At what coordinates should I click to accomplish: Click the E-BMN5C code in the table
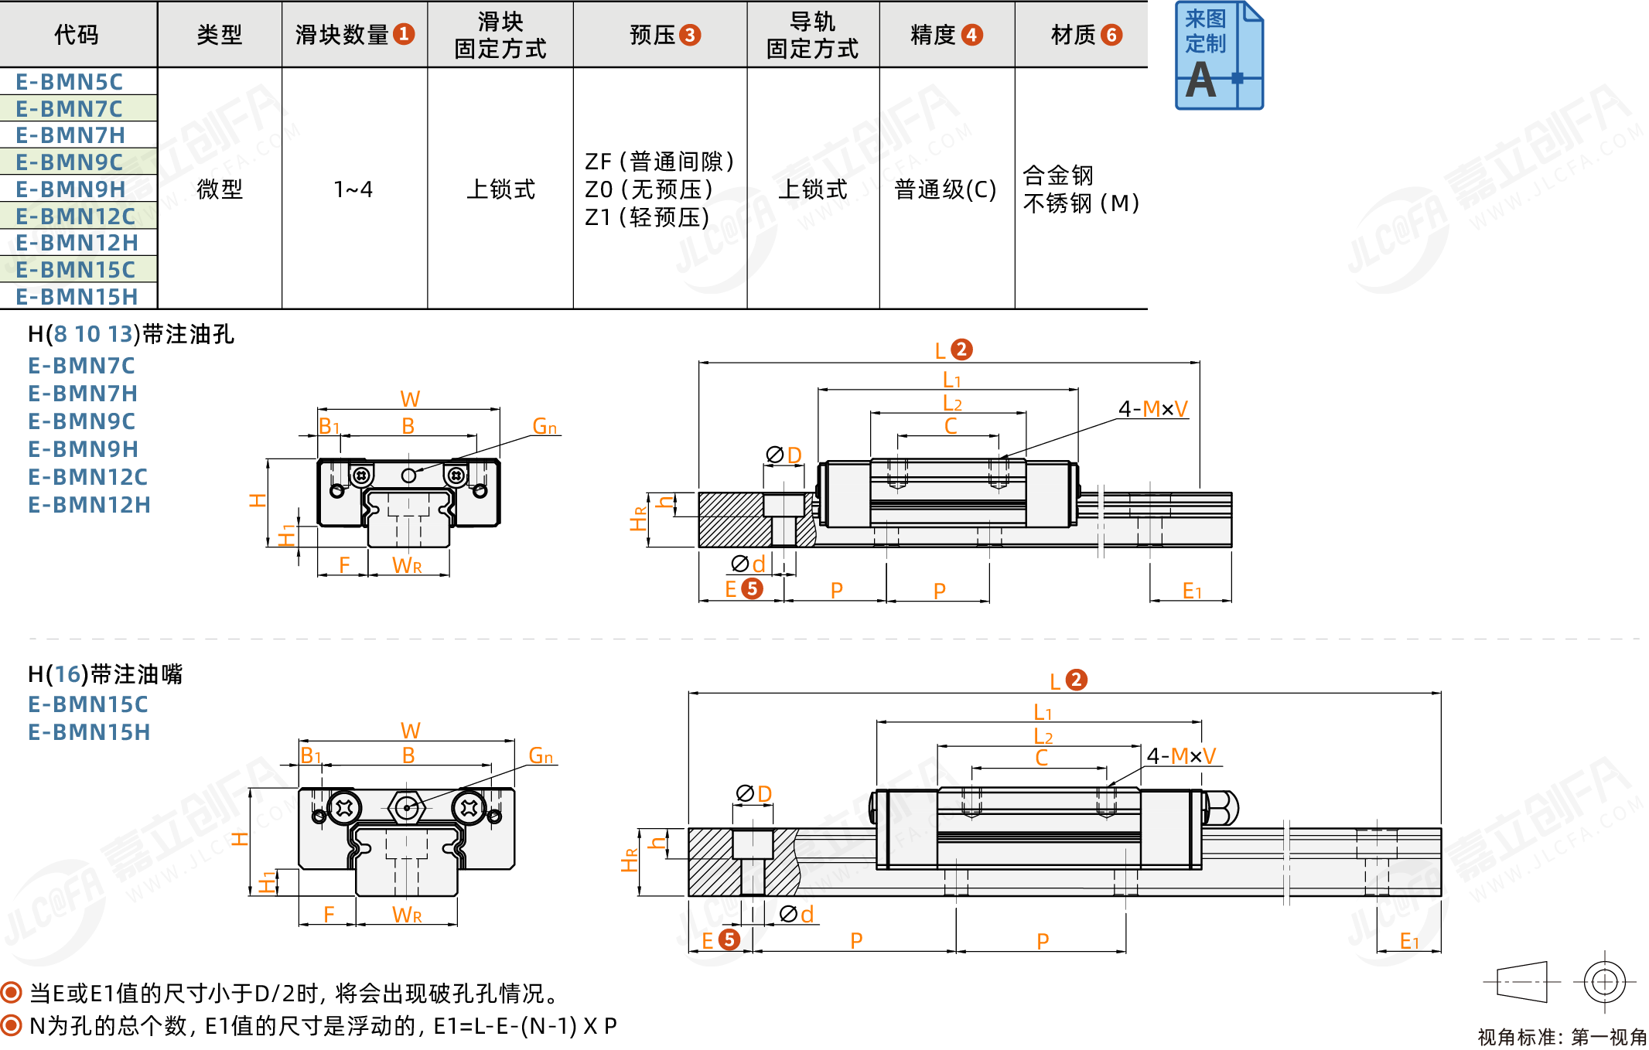[x=69, y=82]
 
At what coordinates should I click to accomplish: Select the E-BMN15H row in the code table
[x=77, y=297]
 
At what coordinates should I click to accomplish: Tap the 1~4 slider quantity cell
[x=353, y=189]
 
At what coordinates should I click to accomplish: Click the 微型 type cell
[x=220, y=189]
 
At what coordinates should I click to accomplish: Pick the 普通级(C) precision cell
[x=945, y=189]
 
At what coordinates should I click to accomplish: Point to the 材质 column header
[x=1085, y=35]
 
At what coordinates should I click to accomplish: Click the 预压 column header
[x=664, y=35]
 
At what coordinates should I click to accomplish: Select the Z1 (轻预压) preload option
[x=647, y=217]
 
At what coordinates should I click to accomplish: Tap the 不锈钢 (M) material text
[x=1081, y=203]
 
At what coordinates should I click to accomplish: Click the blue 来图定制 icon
[x=1218, y=56]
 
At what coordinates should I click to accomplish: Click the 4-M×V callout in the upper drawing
[x=1152, y=408]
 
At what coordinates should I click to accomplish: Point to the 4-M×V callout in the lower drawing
[x=1181, y=755]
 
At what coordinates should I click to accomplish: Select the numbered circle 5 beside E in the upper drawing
[x=752, y=589]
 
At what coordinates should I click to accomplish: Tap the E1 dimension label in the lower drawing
[x=1409, y=941]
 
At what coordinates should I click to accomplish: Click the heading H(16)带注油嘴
[x=105, y=674]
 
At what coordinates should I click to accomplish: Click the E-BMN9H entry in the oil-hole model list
[x=84, y=449]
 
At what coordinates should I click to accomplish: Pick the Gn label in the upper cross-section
[x=545, y=426]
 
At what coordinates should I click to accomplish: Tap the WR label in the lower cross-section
[x=407, y=915]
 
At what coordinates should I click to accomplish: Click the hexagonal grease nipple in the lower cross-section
[x=407, y=808]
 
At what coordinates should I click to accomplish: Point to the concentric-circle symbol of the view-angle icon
[x=1604, y=982]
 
